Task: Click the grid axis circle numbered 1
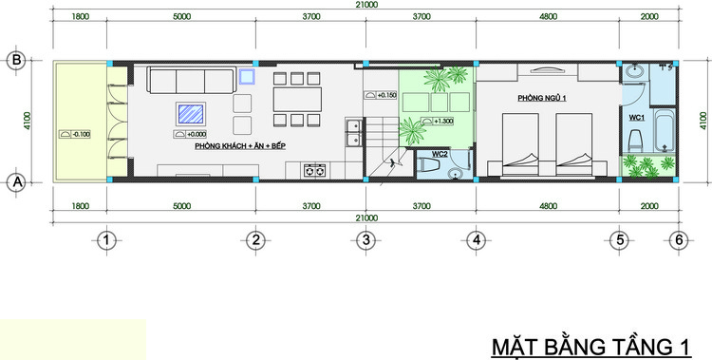click(x=109, y=240)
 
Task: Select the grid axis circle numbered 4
click(x=475, y=240)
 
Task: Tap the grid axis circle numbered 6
click(x=677, y=240)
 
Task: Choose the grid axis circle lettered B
click(x=16, y=61)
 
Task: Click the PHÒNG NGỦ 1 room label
click(x=543, y=99)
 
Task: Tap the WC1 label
click(x=636, y=117)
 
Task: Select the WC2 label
click(x=440, y=154)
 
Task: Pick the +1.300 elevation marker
click(x=440, y=122)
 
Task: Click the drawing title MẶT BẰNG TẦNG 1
click(x=590, y=347)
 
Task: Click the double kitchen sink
click(x=352, y=132)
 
